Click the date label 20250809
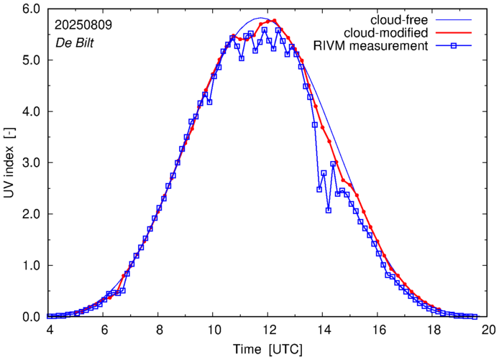pos(83,24)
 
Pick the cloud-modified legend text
pos(387,33)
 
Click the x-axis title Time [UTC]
pos(267,349)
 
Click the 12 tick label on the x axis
pos(268,330)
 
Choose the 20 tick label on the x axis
pos(488,330)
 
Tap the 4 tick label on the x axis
pos(49,330)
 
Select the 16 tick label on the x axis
pos(378,330)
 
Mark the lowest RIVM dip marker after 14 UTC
pos(328,210)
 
